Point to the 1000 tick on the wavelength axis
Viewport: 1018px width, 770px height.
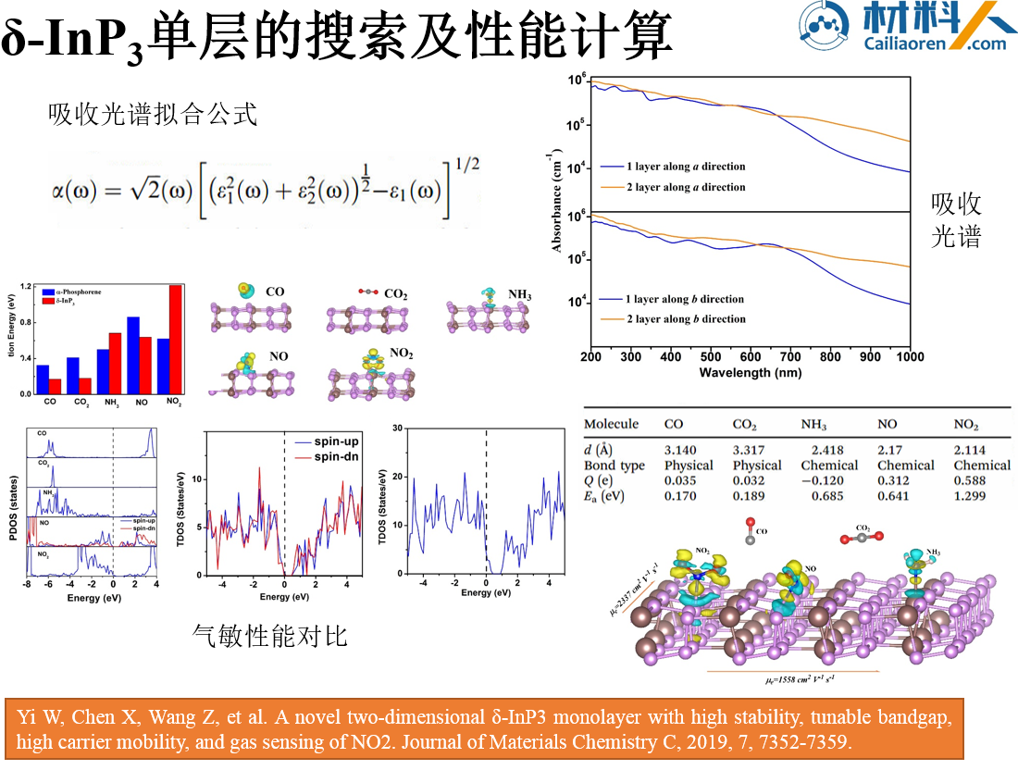click(910, 357)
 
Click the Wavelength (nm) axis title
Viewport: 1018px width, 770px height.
click(750, 372)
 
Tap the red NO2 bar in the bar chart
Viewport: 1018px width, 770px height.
click(175, 340)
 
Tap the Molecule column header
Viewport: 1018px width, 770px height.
click(611, 424)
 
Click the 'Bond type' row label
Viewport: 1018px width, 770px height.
click(614, 466)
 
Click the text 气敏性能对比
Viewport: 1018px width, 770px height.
click(269, 636)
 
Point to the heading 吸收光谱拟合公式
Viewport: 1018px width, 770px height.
click(153, 116)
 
